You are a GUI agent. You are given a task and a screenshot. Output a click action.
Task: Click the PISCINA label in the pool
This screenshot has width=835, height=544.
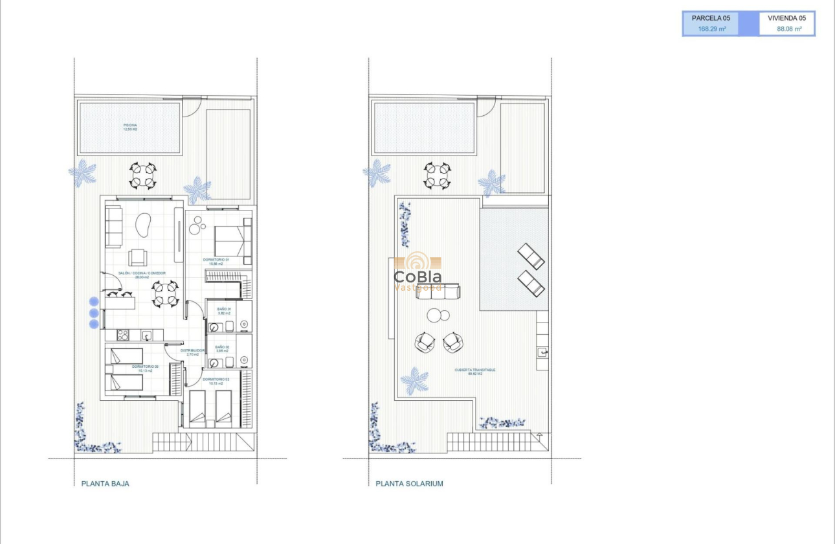coord(130,127)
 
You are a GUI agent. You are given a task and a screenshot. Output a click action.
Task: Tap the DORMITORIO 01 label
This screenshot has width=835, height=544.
coord(216,262)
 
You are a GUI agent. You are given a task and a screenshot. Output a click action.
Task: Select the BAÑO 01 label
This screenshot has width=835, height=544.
coord(224,311)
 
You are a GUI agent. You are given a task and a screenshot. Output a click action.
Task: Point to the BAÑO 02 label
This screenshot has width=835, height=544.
coord(224,348)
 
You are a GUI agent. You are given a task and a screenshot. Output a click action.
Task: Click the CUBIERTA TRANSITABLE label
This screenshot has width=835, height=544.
coord(474,372)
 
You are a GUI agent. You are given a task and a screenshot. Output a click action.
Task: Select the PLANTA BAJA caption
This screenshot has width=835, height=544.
coord(105,484)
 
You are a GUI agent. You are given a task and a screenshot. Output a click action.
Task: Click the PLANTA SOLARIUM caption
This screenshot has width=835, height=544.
coord(409,484)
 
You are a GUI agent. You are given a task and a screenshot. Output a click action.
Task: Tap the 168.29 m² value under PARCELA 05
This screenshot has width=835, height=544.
coord(711,29)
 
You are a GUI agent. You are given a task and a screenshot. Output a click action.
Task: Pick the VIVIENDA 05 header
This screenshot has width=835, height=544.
coord(786,18)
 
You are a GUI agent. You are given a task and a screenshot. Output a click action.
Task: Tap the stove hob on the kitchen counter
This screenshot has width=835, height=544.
coord(122,335)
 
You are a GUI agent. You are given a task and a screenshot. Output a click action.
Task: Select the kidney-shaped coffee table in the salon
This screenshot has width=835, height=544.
coord(142,227)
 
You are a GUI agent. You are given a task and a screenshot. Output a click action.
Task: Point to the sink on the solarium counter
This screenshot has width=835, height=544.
coord(542,352)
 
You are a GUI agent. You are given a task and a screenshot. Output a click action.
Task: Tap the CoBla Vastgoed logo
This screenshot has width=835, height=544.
coord(417,272)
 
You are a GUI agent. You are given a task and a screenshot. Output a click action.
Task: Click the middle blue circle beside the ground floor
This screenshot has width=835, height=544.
coord(94,313)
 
